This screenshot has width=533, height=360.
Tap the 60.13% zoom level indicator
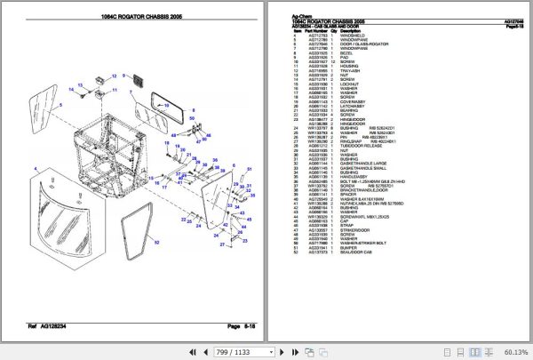click(513, 350)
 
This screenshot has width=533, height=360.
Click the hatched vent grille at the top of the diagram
click(139, 81)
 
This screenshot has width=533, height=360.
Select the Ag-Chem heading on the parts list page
click(303, 15)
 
